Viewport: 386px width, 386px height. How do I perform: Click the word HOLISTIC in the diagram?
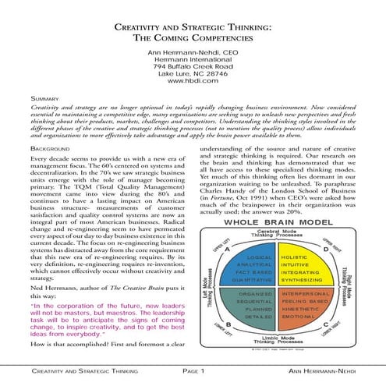point(294,256)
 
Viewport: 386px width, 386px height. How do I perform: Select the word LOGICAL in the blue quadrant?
point(258,257)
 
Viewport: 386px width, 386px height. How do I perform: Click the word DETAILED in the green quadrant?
point(257,317)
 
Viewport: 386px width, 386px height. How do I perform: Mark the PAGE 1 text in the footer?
point(193,374)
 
